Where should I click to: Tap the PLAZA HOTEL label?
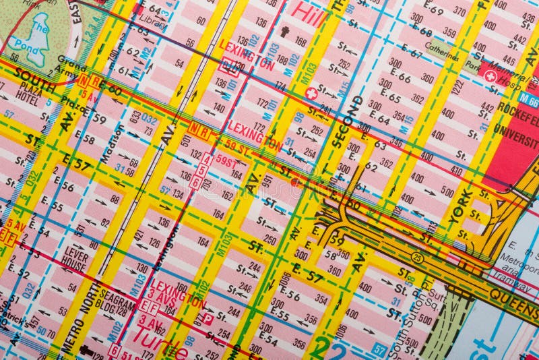pyautogui.click(x=28, y=91)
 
